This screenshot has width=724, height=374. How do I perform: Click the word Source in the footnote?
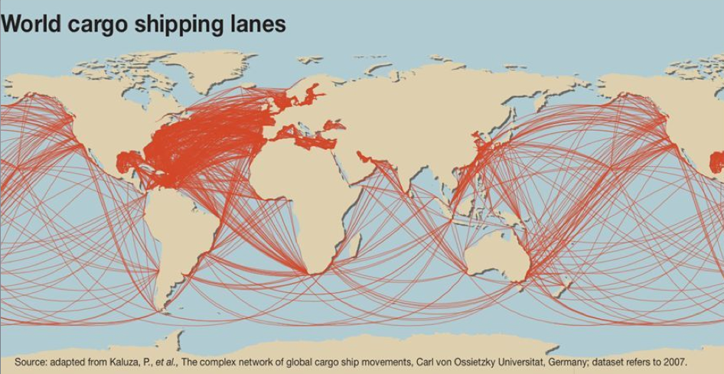31,362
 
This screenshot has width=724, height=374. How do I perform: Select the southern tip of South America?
164,310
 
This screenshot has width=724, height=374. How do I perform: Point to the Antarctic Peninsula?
177,337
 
